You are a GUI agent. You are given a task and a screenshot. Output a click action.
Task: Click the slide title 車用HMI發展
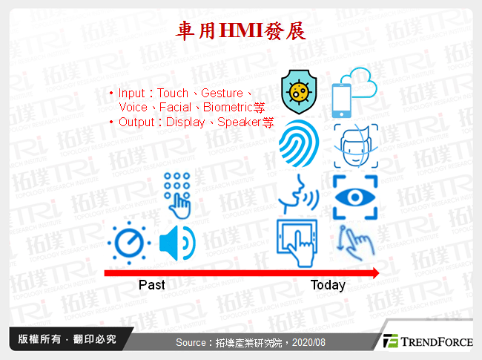pos(240,30)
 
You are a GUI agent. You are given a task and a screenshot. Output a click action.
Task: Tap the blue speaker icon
pos(176,242)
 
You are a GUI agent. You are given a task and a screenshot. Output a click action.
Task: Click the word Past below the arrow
pos(152,285)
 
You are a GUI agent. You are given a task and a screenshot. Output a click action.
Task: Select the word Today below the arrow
pos(328,285)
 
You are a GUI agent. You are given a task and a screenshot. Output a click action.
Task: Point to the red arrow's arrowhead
pos(374,273)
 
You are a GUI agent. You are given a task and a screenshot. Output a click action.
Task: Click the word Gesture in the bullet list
pos(222,93)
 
